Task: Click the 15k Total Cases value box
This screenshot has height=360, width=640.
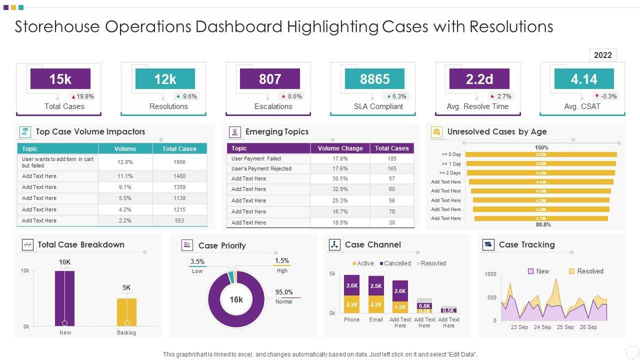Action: [x=60, y=79]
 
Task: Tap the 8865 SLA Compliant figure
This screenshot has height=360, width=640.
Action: [x=374, y=79]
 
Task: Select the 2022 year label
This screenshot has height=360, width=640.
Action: [x=602, y=55]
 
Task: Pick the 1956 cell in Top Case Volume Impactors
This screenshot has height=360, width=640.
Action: [x=179, y=162]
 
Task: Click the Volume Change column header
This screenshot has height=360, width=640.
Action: [x=340, y=148]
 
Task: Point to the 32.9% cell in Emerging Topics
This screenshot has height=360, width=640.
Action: [x=340, y=189]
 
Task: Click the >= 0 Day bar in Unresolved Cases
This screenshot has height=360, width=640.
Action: [x=541, y=154]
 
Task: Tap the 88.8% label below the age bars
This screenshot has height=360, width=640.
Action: [x=543, y=225]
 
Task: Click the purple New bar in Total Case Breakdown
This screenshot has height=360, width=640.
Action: [x=64, y=298]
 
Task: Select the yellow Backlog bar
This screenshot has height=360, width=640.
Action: [x=126, y=312]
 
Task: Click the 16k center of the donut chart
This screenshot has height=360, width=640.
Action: [x=236, y=300]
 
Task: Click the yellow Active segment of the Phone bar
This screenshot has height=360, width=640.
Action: [x=351, y=304]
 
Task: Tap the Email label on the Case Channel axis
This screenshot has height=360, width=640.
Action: [x=376, y=319]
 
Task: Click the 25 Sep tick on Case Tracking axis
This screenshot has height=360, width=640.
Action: [x=565, y=327]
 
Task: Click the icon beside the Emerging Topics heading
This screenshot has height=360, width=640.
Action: [x=234, y=132]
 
